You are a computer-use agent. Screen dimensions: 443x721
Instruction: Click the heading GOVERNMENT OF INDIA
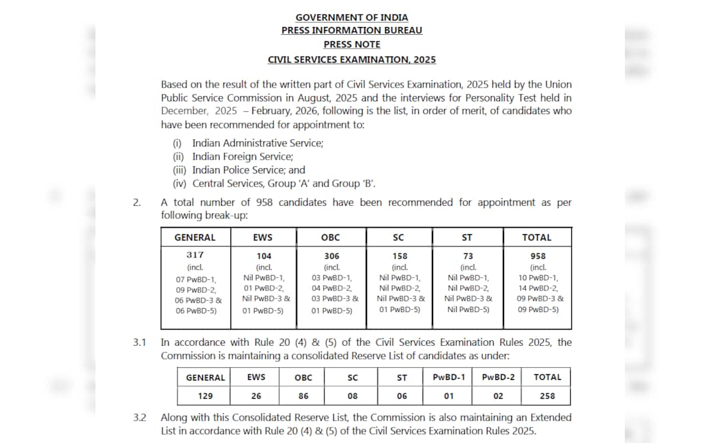click(x=351, y=17)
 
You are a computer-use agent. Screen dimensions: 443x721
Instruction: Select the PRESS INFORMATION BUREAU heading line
click(x=351, y=31)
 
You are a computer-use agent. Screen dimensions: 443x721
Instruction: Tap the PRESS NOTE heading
click(x=351, y=44)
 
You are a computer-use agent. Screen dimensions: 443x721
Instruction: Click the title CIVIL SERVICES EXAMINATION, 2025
click(x=351, y=59)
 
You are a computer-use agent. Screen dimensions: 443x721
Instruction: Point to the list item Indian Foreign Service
click(x=242, y=157)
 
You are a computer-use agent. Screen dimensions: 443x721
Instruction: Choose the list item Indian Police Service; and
click(x=248, y=170)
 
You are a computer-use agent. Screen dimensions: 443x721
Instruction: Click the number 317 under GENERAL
click(x=195, y=255)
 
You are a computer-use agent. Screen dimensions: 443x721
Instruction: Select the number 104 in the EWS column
click(x=264, y=256)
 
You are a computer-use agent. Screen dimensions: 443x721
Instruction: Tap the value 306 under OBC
click(x=332, y=256)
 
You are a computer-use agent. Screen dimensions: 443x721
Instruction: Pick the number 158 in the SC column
click(x=400, y=256)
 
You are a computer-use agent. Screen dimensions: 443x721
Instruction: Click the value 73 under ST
click(x=468, y=256)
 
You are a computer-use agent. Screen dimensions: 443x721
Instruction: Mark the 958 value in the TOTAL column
click(x=538, y=256)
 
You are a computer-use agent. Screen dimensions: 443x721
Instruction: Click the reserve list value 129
click(x=205, y=396)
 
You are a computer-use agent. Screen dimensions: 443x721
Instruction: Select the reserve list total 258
click(x=547, y=396)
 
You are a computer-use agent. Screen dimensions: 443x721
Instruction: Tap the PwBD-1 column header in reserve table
click(x=449, y=377)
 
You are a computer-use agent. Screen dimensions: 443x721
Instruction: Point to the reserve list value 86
click(x=303, y=396)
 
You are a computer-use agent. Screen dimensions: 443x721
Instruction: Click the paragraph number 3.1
click(x=139, y=343)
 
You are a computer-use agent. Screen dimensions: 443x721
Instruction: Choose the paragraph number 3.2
click(x=139, y=417)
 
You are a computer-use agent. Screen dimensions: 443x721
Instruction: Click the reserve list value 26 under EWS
click(x=256, y=396)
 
